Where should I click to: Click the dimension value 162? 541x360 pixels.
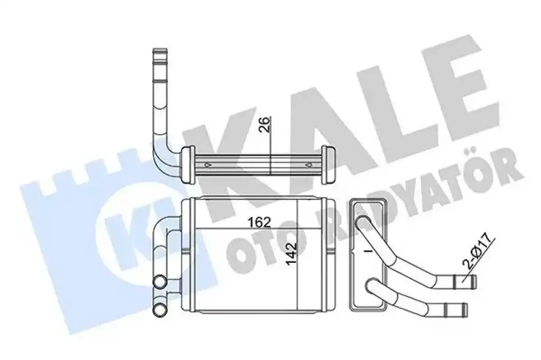coord(259,222)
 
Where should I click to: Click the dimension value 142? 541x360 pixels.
coord(292,253)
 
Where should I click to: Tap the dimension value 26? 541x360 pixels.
coord(265,125)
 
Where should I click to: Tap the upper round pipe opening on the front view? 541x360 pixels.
coord(160,282)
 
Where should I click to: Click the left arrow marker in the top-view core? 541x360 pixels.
coord(208,165)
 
